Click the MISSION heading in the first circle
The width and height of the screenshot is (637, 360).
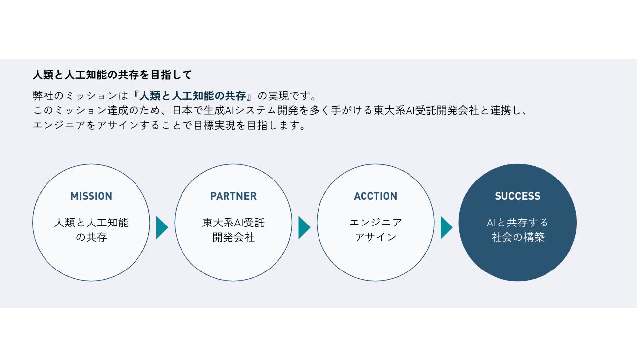(91, 196)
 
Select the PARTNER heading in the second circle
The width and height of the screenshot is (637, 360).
(233, 196)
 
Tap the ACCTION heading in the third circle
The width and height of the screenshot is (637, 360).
(375, 196)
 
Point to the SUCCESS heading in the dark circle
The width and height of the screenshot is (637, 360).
(517, 196)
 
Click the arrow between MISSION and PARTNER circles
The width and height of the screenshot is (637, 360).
(162, 227)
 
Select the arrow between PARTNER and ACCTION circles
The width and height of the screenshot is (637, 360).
(304, 227)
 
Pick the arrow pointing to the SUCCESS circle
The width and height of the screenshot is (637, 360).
(446, 227)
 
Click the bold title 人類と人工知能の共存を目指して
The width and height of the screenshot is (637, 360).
(112, 75)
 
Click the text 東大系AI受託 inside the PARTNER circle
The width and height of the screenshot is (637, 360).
(233, 223)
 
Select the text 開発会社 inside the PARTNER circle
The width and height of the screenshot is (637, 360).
(233, 237)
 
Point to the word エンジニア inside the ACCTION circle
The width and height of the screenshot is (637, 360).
(375, 223)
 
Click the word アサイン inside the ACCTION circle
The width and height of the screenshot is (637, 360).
(375, 237)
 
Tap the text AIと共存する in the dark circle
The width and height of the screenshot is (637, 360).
(517, 223)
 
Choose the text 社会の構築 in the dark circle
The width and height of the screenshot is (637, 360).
(517, 237)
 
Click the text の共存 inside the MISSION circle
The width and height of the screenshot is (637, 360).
(91, 237)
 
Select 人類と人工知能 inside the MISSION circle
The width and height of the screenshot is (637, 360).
(91, 223)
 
